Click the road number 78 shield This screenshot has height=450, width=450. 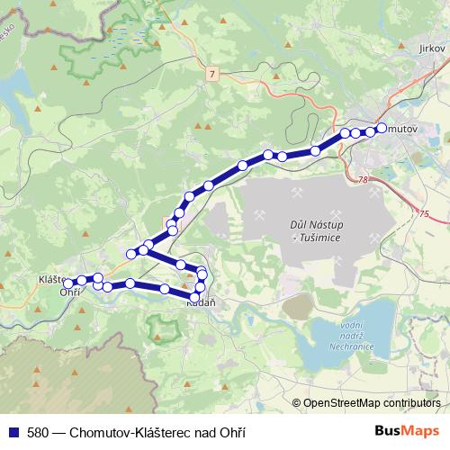click(x=362, y=180)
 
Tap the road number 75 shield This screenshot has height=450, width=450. click(x=424, y=213)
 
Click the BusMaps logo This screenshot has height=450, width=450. click(x=406, y=431)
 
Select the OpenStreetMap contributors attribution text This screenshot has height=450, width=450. click(x=372, y=403)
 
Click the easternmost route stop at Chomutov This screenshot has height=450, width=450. click(x=382, y=128)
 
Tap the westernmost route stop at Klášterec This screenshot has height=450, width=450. click(x=68, y=283)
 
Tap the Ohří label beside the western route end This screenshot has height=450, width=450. click(x=70, y=293)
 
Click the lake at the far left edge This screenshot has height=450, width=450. click(x=13, y=87)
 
